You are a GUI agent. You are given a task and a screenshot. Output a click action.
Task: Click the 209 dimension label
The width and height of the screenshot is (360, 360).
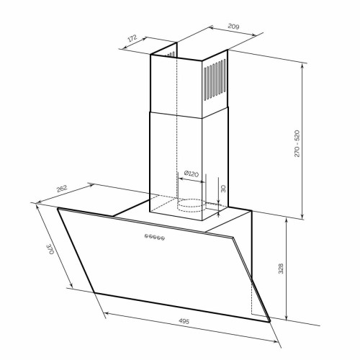[233, 26]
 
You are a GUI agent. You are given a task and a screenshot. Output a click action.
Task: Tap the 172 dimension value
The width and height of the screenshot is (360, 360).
[132, 38]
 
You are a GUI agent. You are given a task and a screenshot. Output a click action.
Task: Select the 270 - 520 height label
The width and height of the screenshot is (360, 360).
[297, 143]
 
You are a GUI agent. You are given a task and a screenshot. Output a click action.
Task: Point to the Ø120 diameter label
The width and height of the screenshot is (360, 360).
[192, 174]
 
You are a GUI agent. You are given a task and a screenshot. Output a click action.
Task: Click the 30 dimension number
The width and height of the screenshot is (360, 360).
[223, 189]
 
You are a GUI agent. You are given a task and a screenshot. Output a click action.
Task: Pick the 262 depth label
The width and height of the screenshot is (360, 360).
[62, 189]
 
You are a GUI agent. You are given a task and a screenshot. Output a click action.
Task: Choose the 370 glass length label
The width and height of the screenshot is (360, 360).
[50, 249]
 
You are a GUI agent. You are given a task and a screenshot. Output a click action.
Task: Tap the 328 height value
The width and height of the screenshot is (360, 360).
[281, 269]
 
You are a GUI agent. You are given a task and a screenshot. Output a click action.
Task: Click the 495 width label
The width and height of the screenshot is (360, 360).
[184, 321]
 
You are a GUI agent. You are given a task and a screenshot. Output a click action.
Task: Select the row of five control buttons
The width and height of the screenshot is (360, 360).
[155, 237]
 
